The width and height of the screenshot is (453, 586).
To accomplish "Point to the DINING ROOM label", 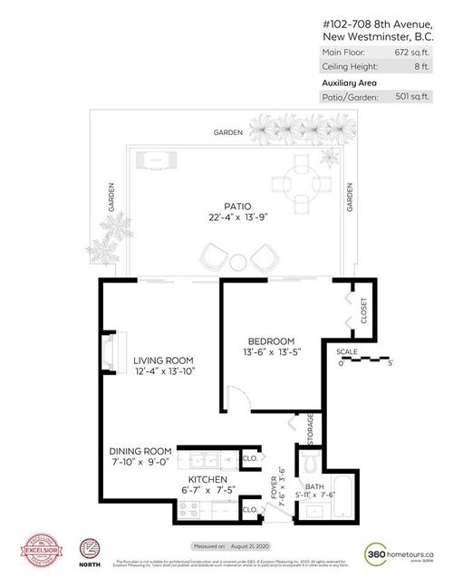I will (x=140, y=451).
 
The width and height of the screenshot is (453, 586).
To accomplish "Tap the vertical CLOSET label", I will (x=363, y=311).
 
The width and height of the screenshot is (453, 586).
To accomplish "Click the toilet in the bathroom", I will (x=309, y=466).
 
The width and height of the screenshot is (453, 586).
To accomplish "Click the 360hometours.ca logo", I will (x=398, y=552).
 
